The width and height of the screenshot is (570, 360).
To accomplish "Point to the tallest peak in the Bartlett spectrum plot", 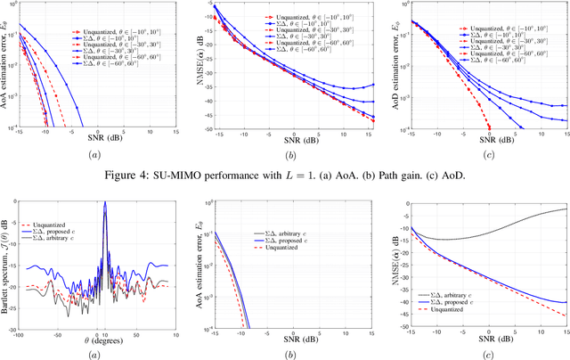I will pos(105,203).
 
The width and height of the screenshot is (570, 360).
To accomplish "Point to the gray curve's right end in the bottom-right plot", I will pos(566,209).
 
